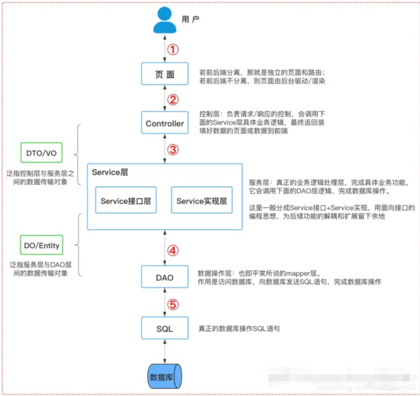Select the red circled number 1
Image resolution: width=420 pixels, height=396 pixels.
pos(174,49)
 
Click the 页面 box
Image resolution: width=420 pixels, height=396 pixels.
pos(164,74)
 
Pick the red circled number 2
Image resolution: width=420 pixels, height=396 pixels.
pos(174,100)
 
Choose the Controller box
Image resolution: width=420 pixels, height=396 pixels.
pos(164,124)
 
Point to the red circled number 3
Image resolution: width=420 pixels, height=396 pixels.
pos(174,150)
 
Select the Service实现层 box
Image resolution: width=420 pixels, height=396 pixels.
pos(202,201)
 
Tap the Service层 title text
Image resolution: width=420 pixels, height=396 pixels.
pos(110,173)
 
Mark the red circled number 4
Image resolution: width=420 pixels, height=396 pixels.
pos(174,251)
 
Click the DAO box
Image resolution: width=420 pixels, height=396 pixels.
pos(164,277)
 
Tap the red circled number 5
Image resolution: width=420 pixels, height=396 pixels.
pos(174,304)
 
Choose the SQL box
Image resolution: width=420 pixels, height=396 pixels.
pos(164,328)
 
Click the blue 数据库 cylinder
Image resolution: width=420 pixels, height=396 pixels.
pos(164,376)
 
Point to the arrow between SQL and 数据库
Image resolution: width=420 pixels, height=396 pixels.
pos(164,351)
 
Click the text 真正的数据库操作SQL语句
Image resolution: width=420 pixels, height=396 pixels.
pos(239,328)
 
